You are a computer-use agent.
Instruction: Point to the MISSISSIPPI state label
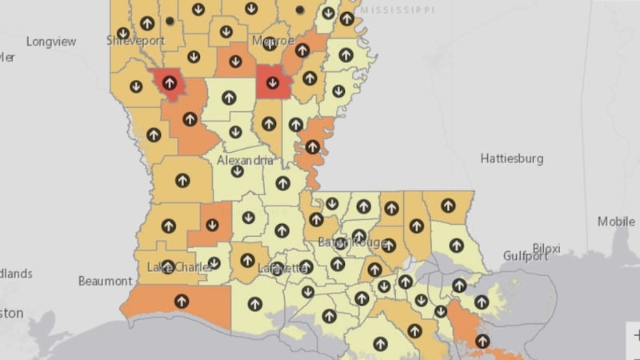click(x=398, y=10)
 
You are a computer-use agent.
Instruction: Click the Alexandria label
click(x=245, y=160)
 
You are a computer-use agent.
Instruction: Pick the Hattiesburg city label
click(x=511, y=158)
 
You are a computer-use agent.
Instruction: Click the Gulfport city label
click(x=526, y=257)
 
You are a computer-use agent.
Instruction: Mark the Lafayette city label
click(x=283, y=269)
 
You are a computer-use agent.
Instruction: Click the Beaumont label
click(x=105, y=281)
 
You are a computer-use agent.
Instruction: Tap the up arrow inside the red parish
click(x=169, y=83)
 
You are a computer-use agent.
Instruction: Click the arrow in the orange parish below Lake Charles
click(x=182, y=301)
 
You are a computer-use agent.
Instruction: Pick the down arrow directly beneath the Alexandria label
click(x=237, y=170)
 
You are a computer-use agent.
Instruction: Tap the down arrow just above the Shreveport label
click(x=123, y=34)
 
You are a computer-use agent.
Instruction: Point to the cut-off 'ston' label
click(x=12, y=313)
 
